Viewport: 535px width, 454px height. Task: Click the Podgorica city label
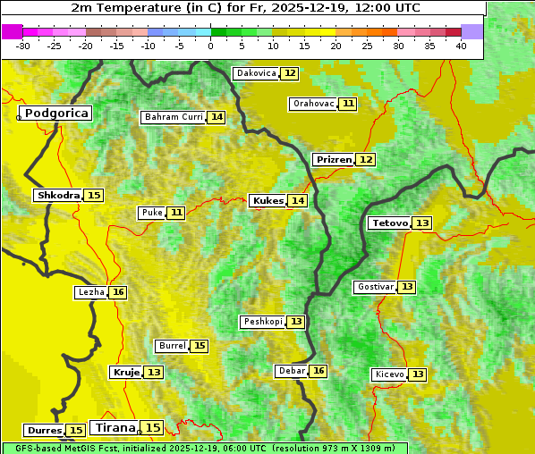55,113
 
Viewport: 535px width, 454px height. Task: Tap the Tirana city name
115,428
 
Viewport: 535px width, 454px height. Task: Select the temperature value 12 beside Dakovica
290,73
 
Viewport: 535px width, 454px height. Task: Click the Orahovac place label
313,104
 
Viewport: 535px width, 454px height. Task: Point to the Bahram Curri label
174,117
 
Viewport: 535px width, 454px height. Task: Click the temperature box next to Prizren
366,160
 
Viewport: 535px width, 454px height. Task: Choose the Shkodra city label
58,195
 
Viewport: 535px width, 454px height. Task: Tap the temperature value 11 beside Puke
176,213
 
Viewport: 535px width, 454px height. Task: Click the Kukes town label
267,201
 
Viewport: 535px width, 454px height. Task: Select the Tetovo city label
389,223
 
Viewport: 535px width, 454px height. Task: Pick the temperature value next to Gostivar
407,287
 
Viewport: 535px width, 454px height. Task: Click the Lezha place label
90,292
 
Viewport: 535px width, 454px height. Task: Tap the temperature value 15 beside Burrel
200,346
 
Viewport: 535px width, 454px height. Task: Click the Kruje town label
125,372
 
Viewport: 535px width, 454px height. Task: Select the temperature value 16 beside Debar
318,371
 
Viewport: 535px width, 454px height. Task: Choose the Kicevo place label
389,374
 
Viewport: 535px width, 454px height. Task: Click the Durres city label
44,431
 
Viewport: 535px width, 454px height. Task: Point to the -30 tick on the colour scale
23,46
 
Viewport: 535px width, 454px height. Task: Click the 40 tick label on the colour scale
461,46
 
